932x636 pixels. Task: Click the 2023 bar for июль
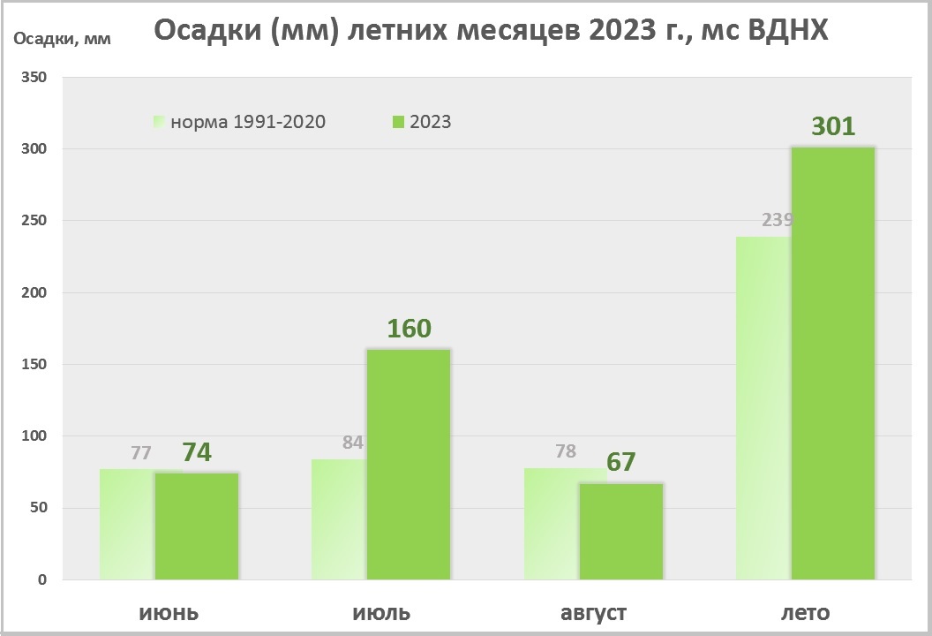pos(409,464)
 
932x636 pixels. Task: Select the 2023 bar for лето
pos(833,362)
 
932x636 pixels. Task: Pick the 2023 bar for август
pos(621,531)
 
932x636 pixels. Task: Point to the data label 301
pos(833,126)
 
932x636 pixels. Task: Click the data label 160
pos(409,329)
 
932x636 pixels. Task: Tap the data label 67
pos(621,462)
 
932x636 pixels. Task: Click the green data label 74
pos(198,452)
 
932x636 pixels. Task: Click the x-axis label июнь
pos(168,612)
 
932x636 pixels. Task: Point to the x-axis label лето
pos(805,612)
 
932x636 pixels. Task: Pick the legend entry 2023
pos(429,122)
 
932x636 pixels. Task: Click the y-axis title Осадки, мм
pos(59,39)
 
